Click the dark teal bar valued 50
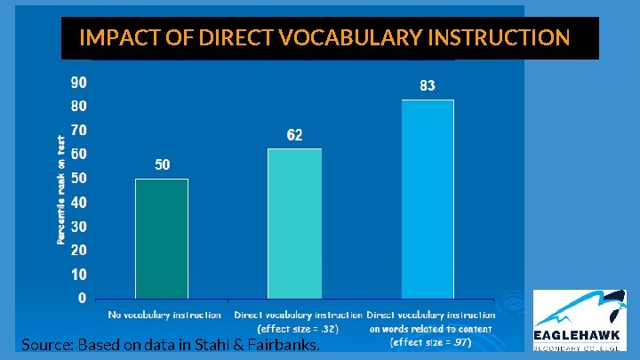pyautogui.click(x=162, y=238)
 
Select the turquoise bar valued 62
pyautogui.click(x=294, y=223)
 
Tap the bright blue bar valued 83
pyautogui.click(x=428, y=198)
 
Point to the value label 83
pyautogui.click(x=428, y=86)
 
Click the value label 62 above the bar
pyautogui.click(x=294, y=135)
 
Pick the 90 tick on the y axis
pyautogui.click(x=78, y=83)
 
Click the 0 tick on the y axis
pyautogui.click(x=82, y=298)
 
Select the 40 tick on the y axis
pyautogui.click(x=78, y=203)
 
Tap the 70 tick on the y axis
pyautogui.click(x=78, y=131)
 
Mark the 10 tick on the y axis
pyautogui.click(x=78, y=275)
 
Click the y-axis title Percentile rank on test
pyautogui.click(x=61, y=191)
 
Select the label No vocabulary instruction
pyautogui.click(x=164, y=315)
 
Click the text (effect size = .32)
pyautogui.click(x=298, y=328)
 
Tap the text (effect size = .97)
pyautogui.click(x=431, y=341)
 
